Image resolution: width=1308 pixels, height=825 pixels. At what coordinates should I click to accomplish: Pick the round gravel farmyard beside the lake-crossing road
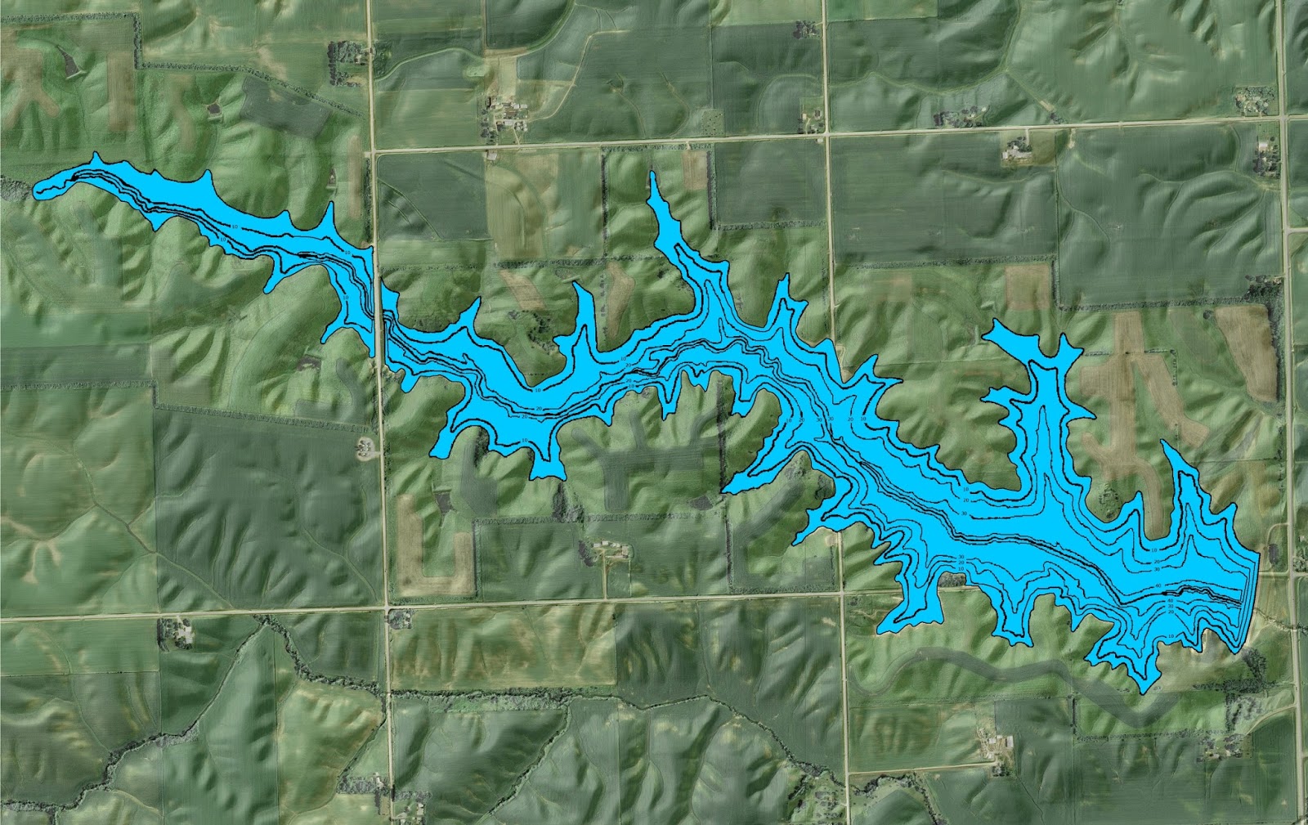(365, 446)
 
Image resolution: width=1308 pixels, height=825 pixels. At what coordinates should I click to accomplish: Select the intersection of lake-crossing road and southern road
(387, 608)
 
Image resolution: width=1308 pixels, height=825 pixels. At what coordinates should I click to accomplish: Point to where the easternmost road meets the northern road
(1281, 119)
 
